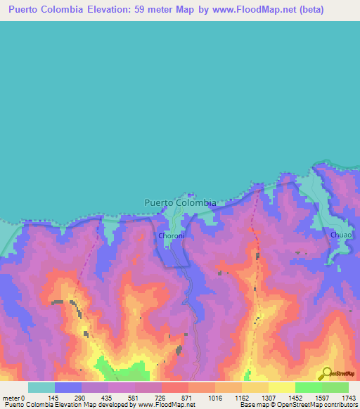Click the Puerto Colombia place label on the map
[180, 202]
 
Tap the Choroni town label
[172, 236]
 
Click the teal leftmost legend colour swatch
[41, 387]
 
